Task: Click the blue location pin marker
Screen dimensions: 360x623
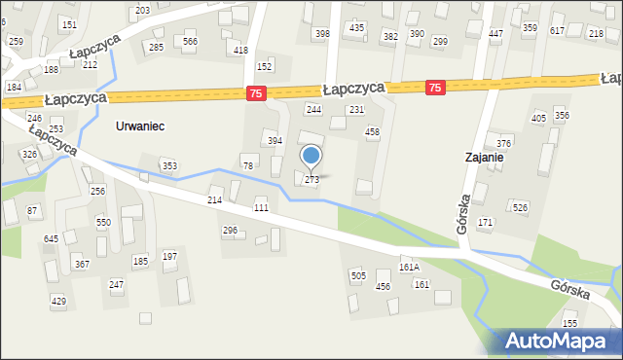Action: [x=311, y=155]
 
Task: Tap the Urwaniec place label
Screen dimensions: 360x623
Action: [x=140, y=126]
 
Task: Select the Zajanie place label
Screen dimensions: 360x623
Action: [x=483, y=156]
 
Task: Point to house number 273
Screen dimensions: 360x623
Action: [x=311, y=180]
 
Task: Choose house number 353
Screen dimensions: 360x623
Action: [x=169, y=166]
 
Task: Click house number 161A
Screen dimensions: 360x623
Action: [x=409, y=267]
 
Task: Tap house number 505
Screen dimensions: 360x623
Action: [x=358, y=276]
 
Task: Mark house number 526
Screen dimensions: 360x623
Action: [x=521, y=207]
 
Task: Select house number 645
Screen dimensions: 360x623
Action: [x=52, y=238]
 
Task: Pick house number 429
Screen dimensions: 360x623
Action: [x=58, y=302]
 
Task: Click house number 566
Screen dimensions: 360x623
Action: [x=190, y=41]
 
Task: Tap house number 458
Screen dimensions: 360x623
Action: [x=371, y=131]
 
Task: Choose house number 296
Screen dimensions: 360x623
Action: [x=230, y=231]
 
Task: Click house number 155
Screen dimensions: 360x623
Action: [x=569, y=323]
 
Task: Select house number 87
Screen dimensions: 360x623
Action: [x=32, y=211]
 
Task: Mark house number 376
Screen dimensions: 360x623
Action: [x=503, y=143]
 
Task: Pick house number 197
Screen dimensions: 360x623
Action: [x=169, y=256]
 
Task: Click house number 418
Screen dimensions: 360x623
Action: [x=240, y=50]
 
